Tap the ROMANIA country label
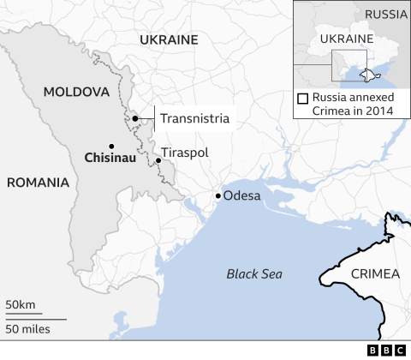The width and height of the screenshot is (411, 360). point(38,182)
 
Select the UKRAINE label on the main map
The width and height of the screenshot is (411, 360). point(169,39)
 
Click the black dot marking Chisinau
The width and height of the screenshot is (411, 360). point(111,145)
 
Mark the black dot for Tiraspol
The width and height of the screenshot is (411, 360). point(158,160)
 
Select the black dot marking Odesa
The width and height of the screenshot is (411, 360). point(218,196)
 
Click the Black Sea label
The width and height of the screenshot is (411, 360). point(254,274)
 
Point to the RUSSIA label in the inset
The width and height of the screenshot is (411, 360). point(385,14)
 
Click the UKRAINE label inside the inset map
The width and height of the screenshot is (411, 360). point(347,39)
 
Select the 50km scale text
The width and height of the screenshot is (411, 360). point(21,305)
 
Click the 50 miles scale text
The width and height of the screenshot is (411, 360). point(27,329)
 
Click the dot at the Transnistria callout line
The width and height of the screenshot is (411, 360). point(135,118)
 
